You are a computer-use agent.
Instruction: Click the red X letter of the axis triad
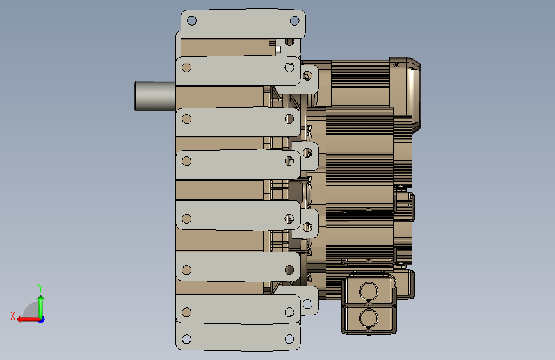(x=13, y=316)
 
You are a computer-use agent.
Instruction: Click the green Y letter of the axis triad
(x=40, y=288)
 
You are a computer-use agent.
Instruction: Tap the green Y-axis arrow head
(x=41, y=299)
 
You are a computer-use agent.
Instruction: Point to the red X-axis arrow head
(x=20, y=320)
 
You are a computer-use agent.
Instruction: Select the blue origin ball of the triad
(x=42, y=320)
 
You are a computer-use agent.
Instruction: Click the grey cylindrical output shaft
(x=155, y=96)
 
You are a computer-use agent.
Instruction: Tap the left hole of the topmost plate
(x=191, y=20)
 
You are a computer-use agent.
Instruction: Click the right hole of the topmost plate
(x=294, y=20)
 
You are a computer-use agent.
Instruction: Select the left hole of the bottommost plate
(x=186, y=339)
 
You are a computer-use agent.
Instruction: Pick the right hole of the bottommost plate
(x=289, y=339)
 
